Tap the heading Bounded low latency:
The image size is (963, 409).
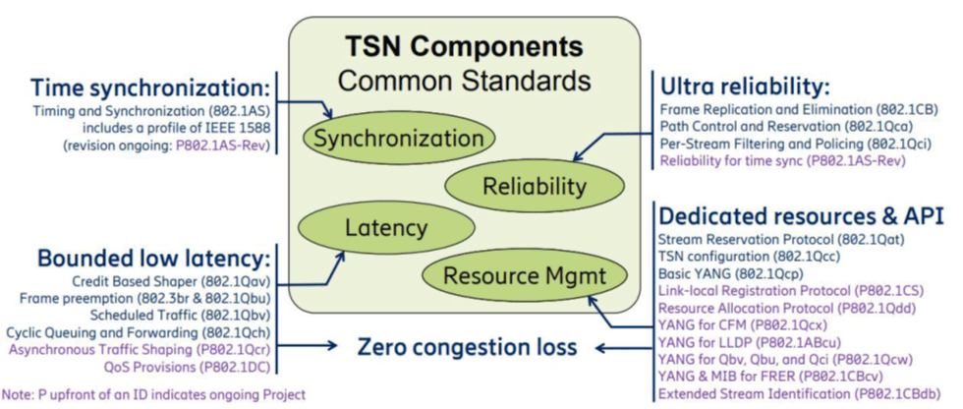pos(151,259)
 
